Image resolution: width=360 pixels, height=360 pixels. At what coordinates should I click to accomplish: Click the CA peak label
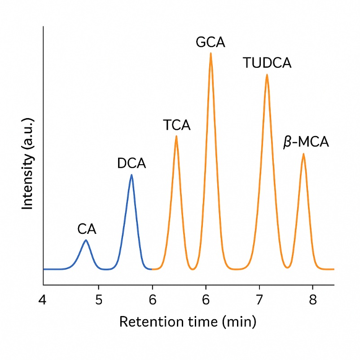(x=87, y=230)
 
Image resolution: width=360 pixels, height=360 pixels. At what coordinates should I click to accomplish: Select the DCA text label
(x=132, y=164)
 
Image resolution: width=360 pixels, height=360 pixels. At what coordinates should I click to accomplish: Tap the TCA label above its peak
(x=177, y=125)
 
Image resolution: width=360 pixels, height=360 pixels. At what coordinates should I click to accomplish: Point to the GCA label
(x=211, y=43)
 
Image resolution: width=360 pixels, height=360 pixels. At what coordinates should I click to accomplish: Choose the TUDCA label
(x=267, y=63)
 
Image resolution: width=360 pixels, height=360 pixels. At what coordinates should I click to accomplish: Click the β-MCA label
(x=306, y=143)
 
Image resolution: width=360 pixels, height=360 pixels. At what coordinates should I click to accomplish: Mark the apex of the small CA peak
(x=86, y=240)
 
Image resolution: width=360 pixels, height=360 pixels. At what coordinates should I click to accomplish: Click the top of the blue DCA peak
(x=132, y=175)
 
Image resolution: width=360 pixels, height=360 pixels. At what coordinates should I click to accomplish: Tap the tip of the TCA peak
(x=176, y=136)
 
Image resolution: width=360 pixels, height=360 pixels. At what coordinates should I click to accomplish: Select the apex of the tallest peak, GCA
(x=211, y=53)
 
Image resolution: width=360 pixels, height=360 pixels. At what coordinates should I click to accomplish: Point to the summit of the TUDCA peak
(x=267, y=75)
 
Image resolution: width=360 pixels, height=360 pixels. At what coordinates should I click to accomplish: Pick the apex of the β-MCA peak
(x=303, y=154)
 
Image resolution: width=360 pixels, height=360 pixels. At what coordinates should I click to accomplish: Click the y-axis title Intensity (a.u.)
(x=28, y=164)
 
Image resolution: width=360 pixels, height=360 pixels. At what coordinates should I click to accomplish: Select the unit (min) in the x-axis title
(x=241, y=322)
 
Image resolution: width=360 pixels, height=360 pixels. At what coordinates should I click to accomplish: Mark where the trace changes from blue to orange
(x=152, y=269)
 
